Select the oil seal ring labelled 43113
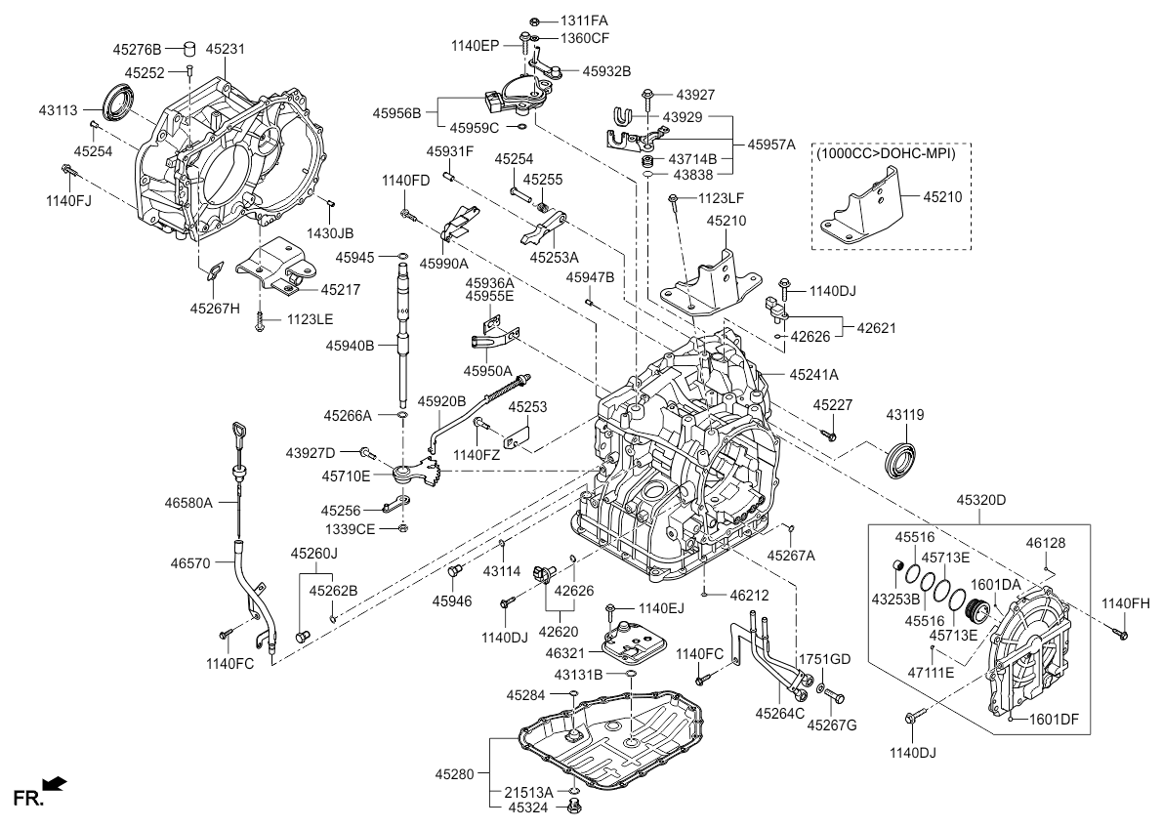coord(119,100)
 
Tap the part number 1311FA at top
coord(584,21)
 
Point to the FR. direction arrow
coord(56,783)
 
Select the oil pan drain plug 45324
coord(574,807)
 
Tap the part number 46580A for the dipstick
coord(187,504)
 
